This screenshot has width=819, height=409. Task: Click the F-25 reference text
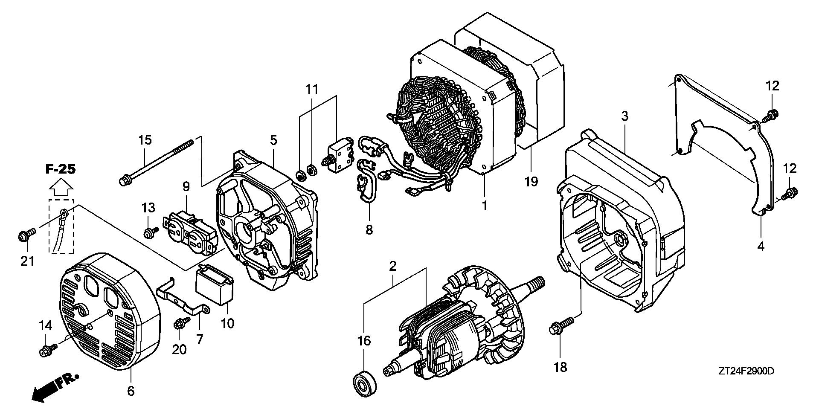[x=61, y=169]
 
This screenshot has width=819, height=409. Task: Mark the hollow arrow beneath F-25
[x=61, y=188]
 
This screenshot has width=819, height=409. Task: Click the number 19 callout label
[x=531, y=181]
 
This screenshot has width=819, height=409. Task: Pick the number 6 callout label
[x=131, y=390]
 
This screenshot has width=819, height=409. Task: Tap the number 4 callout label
[x=761, y=246]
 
